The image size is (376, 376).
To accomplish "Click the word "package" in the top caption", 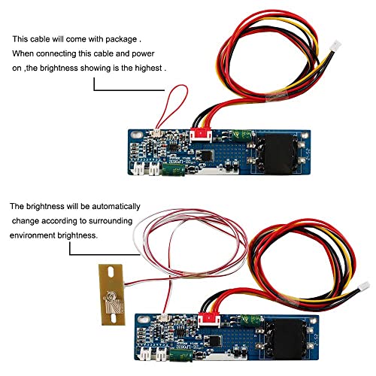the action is click(x=121, y=40).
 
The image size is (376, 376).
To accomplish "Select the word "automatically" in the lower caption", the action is click(x=116, y=207).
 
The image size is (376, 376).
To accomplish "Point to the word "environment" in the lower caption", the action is click(x=32, y=235).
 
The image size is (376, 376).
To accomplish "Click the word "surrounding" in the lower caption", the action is click(x=111, y=221).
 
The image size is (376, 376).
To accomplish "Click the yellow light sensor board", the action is click(x=112, y=295).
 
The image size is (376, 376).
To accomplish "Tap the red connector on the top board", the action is click(x=201, y=135).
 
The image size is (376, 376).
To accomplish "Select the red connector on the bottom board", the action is click(x=209, y=320).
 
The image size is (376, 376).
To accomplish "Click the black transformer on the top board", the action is click(x=277, y=153).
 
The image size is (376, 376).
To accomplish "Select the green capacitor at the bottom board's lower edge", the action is click(x=181, y=355).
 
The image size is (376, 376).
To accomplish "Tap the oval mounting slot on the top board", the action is click(x=136, y=135).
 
